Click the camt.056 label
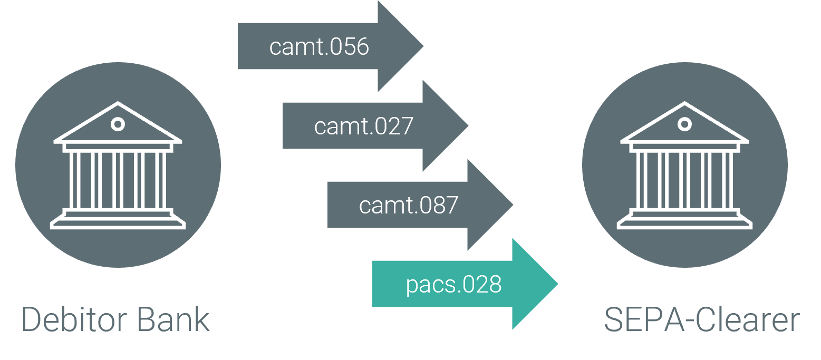point(318,47)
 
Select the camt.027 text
point(363,127)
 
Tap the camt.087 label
point(408,206)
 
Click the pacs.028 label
point(453,285)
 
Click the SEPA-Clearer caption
point(701,319)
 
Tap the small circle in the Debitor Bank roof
point(118,124)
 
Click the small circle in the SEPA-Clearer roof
point(684,124)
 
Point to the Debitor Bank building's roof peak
point(118,104)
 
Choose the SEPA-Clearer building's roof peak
point(684,104)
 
